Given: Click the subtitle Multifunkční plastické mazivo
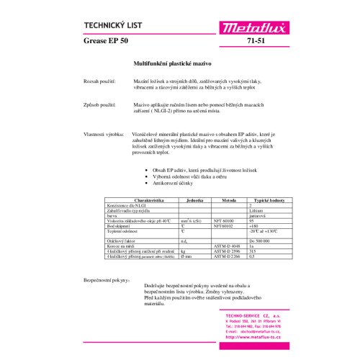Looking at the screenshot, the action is tap(171, 64).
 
